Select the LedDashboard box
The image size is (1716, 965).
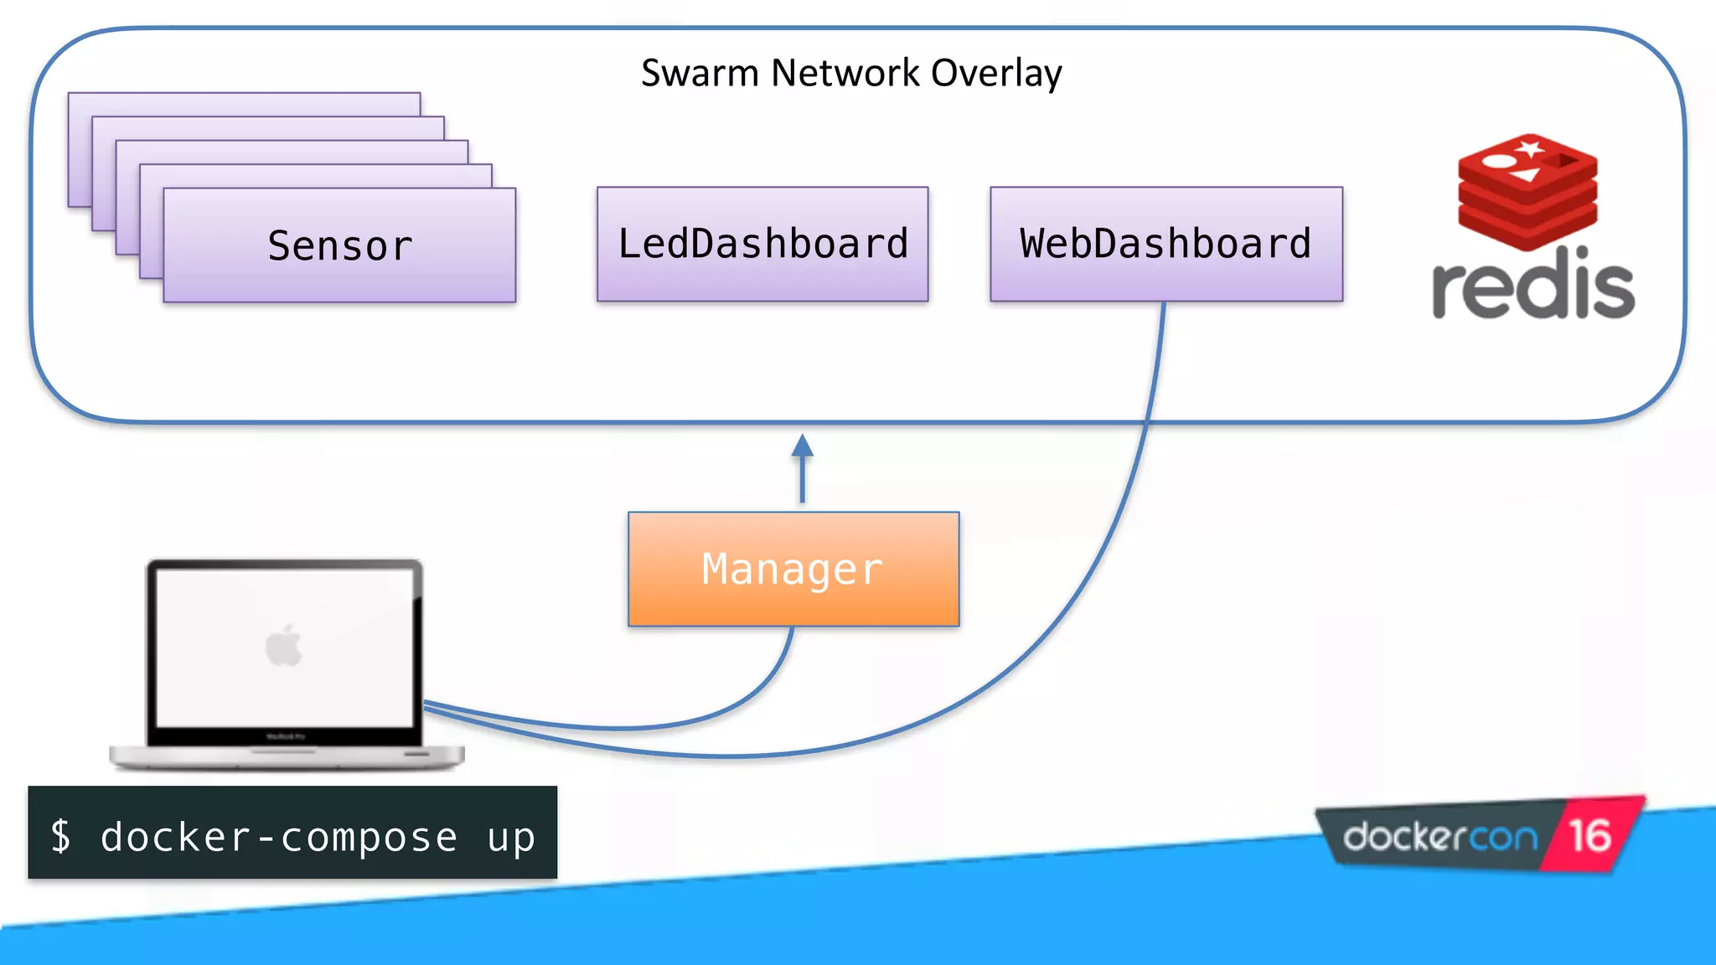762,244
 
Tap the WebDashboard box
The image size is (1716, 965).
1166,244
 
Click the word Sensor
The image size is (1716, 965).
340,246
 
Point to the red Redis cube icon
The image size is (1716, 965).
1527,191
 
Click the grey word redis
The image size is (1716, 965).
1533,285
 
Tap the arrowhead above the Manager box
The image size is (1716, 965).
803,446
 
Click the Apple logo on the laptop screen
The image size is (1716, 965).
284,646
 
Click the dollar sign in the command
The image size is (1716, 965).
61,836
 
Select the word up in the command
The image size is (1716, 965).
511,837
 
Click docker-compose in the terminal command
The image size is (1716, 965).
279,837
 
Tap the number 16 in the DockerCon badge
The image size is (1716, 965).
1589,836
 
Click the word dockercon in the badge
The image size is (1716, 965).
1440,837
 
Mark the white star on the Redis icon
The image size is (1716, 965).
1530,149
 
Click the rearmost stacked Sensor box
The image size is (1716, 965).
244,103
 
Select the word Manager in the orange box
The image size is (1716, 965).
793,570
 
